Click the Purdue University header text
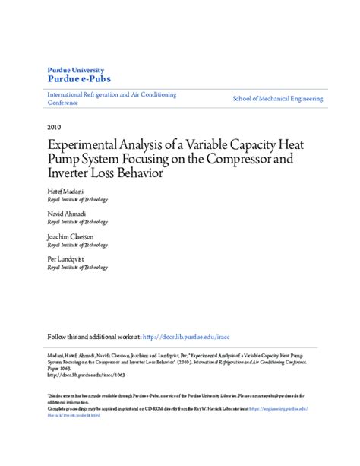click(77, 69)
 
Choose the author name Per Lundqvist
click(66, 259)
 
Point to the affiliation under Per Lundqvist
click(77, 268)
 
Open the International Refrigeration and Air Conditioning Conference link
click(112, 99)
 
